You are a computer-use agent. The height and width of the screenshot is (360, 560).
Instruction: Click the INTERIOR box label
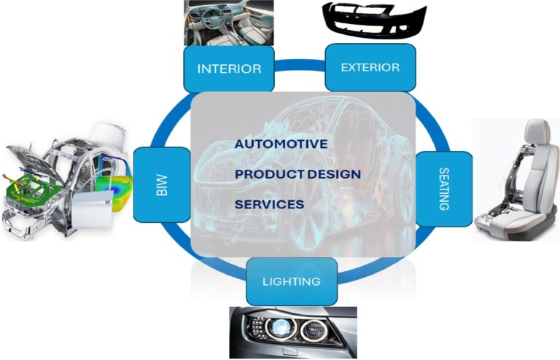229,69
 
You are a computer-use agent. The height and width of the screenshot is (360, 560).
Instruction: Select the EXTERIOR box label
370,68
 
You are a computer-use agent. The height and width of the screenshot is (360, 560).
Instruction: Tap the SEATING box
444,189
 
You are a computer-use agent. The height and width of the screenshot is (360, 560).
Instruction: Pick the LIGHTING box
292,281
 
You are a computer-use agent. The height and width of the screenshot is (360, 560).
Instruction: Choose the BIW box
162,185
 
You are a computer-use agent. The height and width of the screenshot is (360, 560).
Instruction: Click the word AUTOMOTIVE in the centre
281,144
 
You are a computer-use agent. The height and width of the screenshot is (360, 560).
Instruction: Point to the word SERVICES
270,205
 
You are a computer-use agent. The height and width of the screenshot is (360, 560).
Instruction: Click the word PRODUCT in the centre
270,174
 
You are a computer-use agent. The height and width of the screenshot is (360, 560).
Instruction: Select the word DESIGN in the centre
334,174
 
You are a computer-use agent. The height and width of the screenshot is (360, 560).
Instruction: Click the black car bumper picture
374,20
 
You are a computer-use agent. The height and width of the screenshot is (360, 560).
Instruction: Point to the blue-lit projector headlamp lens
280,326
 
